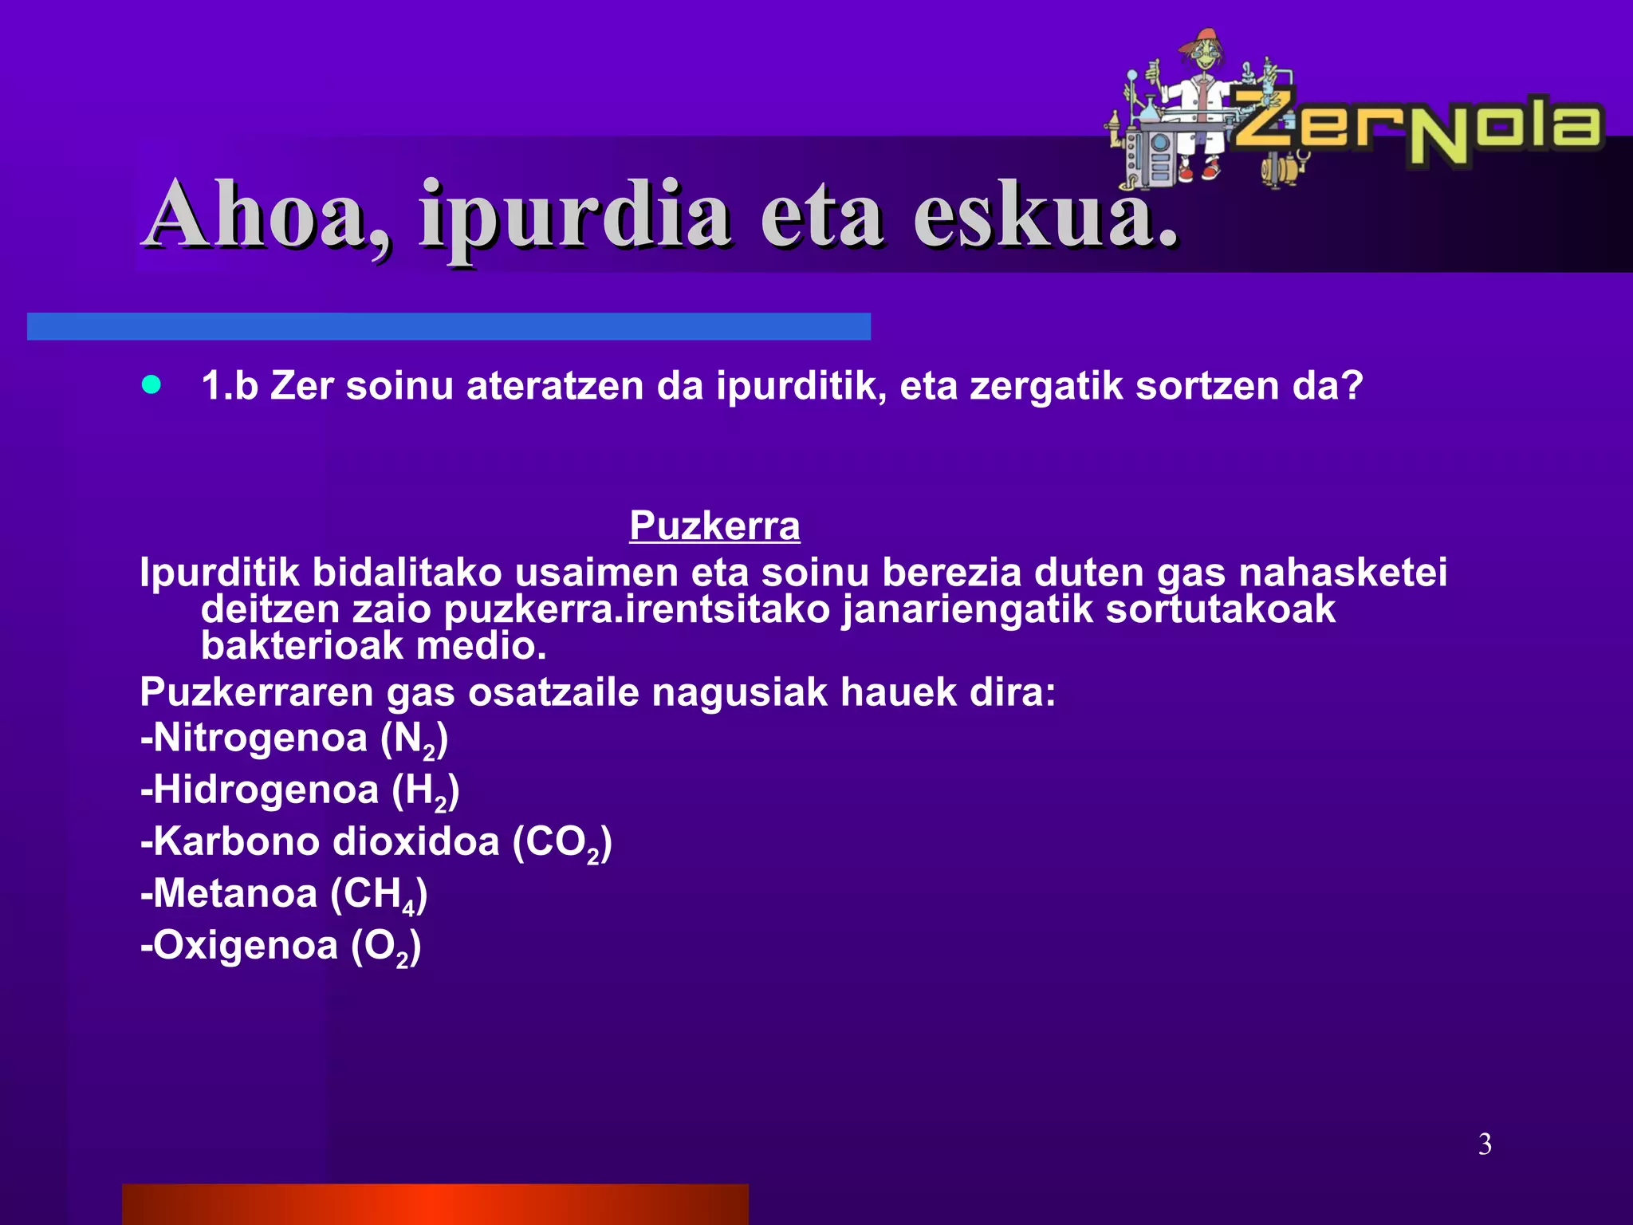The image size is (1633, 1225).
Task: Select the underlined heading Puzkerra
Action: pos(714,526)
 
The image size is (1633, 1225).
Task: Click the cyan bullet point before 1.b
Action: pos(151,386)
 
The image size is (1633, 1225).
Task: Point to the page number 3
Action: pos(1485,1144)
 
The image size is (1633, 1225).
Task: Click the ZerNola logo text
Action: pos(1419,128)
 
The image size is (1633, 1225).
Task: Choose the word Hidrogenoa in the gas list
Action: pos(266,790)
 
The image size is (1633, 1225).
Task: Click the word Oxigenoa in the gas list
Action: pos(245,946)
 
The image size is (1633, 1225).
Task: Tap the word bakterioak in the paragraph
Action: pos(302,646)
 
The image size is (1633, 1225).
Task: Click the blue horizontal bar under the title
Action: pos(448,327)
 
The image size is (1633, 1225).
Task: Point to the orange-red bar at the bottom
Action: pos(435,1204)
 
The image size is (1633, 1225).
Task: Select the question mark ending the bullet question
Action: pos(1352,386)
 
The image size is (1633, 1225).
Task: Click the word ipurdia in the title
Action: pos(574,215)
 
